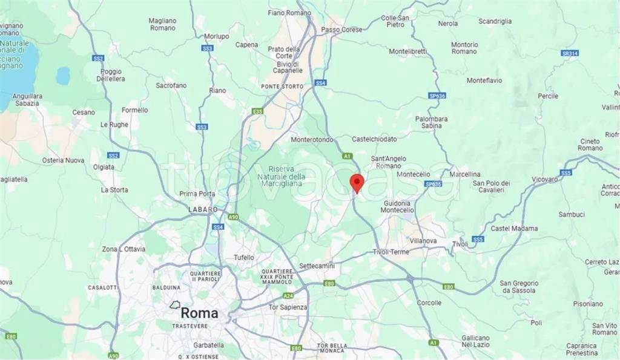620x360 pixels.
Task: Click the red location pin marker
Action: (x=357, y=182)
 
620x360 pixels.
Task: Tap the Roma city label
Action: (x=199, y=313)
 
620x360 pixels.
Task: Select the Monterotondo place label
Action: (x=312, y=139)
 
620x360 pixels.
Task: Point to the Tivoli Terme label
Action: (x=391, y=252)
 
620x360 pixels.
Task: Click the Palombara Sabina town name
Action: (x=432, y=122)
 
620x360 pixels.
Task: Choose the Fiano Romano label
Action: (x=289, y=13)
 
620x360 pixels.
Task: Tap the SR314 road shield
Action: (x=569, y=53)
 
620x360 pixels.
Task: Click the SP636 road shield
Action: (x=437, y=96)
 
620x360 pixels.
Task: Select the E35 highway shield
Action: (x=257, y=111)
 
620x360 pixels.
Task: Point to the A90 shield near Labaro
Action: (x=234, y=217)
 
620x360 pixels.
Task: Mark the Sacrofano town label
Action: (x=171, y=86)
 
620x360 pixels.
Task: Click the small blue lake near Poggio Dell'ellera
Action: (x=63, y=75)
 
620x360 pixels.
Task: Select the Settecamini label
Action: (x=316, y=266)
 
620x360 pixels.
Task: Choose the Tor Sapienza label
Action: (x=288, y=307)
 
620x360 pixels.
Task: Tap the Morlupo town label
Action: (x=217, y=36)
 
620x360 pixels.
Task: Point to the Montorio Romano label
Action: (x=464, y=48)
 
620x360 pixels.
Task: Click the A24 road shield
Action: (x=288, y=296)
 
